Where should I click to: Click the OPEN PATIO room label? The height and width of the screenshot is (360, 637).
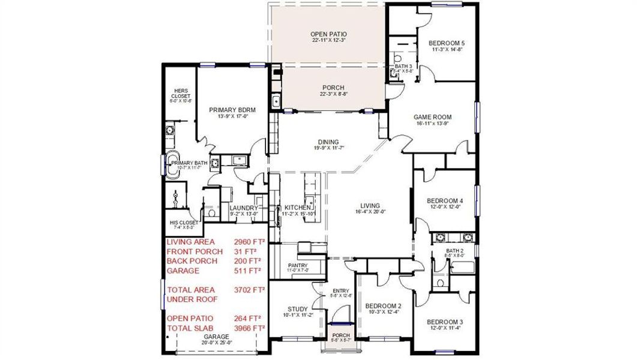[x=328, y=34]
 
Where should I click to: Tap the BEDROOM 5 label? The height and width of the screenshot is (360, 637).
[x=446, y=43]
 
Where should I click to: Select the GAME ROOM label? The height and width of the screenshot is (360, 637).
[x=432, y=117]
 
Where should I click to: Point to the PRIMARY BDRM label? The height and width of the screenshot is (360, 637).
[x=232, y=110]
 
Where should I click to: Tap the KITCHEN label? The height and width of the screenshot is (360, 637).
[x=297, y=207]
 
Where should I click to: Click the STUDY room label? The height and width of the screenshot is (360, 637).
[x=297, y=310]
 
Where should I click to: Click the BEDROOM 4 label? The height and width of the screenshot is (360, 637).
[x=445, y=201]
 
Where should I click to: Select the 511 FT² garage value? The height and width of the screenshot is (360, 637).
[x=247, y=271]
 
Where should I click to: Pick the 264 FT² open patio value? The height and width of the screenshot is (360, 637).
[x=247, y=318]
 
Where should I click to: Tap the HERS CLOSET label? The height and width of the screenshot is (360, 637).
[x=181, y=94]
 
